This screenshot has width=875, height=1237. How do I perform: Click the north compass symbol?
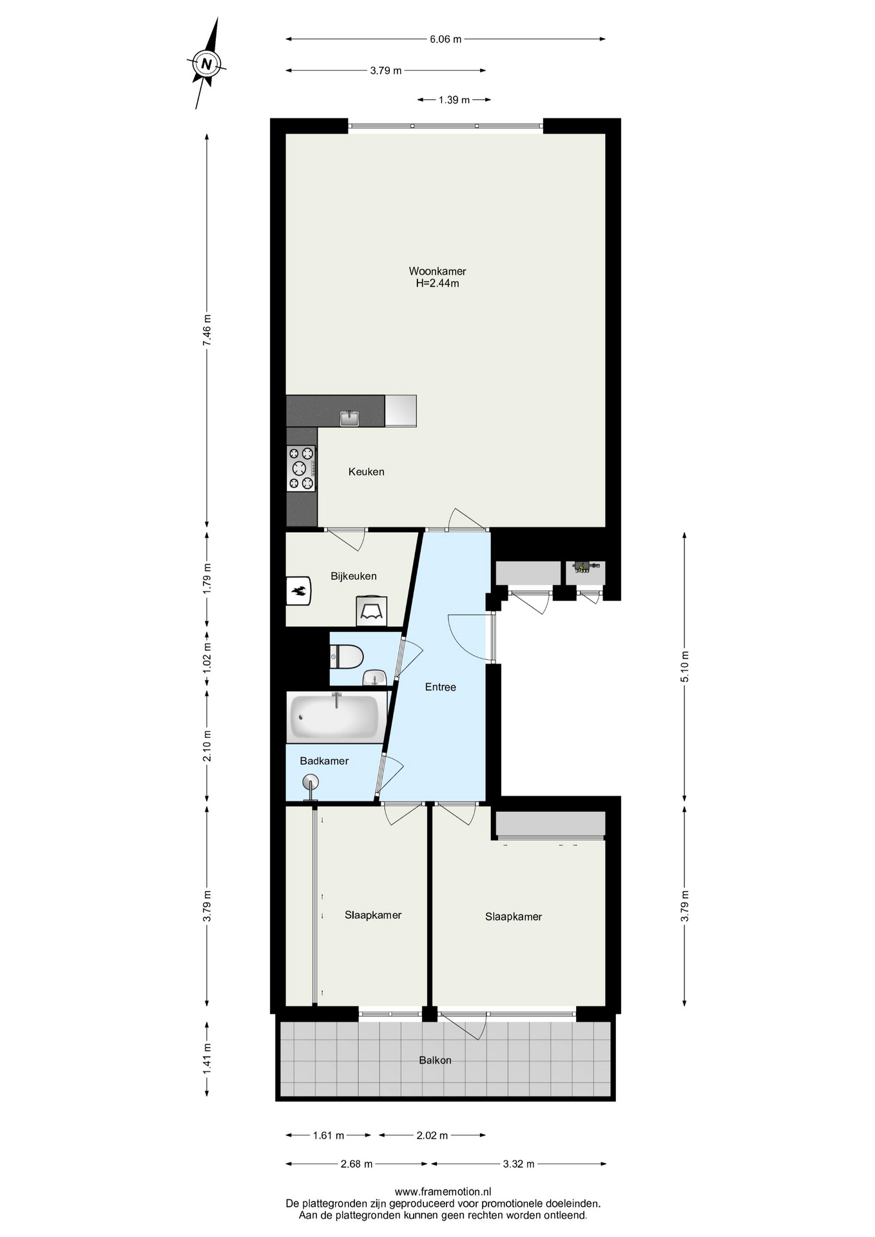click(x=206, y=63)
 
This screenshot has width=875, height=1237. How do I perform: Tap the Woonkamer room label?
click(x=438, y=271)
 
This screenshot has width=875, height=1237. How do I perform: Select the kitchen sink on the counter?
click(x=349, y=418)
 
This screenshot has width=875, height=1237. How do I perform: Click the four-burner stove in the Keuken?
click(x=301, y=468)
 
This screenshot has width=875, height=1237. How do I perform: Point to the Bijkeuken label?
click(x=354, y=576)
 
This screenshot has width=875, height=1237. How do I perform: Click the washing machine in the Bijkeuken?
click(x=372, y=611)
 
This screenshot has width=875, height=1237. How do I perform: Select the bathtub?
click(x=334, y=716)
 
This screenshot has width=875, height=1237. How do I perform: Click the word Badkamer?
click(x=324, y=761)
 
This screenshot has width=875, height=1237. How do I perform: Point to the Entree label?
click(x=441, y=687)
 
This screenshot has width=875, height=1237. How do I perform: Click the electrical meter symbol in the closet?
click(x=582, y=568)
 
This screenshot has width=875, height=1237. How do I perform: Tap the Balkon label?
click(x=435, y=1060)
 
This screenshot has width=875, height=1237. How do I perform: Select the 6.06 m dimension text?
click(x=446, y=39)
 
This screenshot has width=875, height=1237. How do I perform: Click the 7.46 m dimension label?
click(x=207, y=331)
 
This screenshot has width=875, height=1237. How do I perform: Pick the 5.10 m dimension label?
click(x=684, y=667)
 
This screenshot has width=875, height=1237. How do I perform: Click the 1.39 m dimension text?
click(x=454, y=100)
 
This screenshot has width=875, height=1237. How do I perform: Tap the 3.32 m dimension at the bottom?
click(x=519, y=1164)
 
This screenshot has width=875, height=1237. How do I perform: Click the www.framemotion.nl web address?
click(x=443, y=1192)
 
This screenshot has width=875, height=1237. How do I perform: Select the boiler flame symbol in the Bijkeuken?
click(x=299, y=591)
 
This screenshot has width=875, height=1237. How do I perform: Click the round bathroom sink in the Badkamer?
click(x=311, y=784)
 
